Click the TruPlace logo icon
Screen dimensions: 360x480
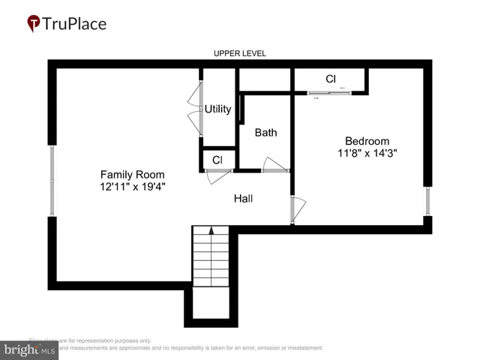pyautogui.click(x=34, y=24)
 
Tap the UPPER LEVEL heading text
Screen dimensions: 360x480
pyautogui.click(x=239, y=53)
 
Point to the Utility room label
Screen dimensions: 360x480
pyautogui.click(x=218, y=109)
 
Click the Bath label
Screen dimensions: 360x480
pyautogui.click(x=265, y=133)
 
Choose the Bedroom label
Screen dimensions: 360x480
pyautogui.click(x=367, y=140)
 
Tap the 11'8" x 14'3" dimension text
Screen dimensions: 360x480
pyautogui.click(x=367, y=153)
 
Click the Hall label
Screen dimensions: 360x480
pyautogui.click(x=243, y=199)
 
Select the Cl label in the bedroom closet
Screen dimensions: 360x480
pyautogui.click(x=330, y=79)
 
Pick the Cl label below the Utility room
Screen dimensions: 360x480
pyautogui.click(x=217, y=160)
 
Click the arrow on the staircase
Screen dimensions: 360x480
pyautogui.click(x=211, y=232)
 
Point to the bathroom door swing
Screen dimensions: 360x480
pyautogui.click(x=274, y=164)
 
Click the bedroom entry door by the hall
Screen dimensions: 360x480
pyautogui.click(x=297, y=208)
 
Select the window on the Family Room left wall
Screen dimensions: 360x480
pyautogui.click(x=52, y=181)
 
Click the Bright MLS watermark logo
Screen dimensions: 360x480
pyautogui.click(x=30, y=349)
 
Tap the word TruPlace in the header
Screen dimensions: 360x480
pyautogui.click(x=75, y=24)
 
